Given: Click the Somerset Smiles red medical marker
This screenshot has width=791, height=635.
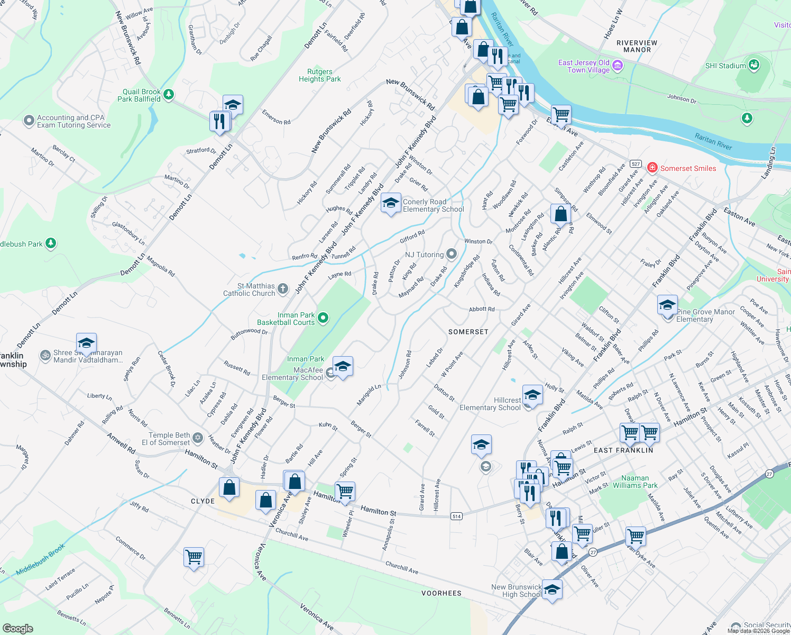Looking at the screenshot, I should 652,168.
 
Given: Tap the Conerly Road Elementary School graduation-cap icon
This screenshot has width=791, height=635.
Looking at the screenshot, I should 391,203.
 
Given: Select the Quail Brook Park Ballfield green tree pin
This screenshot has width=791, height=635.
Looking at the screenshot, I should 169,95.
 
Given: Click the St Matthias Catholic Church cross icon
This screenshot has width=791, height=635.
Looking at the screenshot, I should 283,289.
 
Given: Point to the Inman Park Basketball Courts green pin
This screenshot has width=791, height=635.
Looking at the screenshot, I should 323,318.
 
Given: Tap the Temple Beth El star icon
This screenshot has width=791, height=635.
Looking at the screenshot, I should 198,438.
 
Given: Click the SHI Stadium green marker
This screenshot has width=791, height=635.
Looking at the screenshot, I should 754,66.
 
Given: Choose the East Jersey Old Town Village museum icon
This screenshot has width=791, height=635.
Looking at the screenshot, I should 618,66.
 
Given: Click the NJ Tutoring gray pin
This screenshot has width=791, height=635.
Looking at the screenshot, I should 451,254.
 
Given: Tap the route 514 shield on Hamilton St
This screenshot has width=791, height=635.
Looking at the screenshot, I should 456,516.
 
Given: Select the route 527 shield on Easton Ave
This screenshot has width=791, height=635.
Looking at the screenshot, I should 636,164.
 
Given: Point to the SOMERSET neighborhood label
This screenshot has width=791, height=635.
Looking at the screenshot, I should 468,332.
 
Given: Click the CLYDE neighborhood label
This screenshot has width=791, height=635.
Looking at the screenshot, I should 203,501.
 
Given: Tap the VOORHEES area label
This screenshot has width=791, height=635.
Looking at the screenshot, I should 442,593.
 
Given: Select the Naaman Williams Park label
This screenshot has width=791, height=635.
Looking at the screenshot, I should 635,482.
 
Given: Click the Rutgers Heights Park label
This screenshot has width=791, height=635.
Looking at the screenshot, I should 319,75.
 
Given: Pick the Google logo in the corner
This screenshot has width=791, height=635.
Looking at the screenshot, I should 18,628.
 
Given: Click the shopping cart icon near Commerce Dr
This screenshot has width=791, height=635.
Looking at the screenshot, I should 194,557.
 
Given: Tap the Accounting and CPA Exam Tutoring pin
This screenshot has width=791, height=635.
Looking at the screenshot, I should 29,121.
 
